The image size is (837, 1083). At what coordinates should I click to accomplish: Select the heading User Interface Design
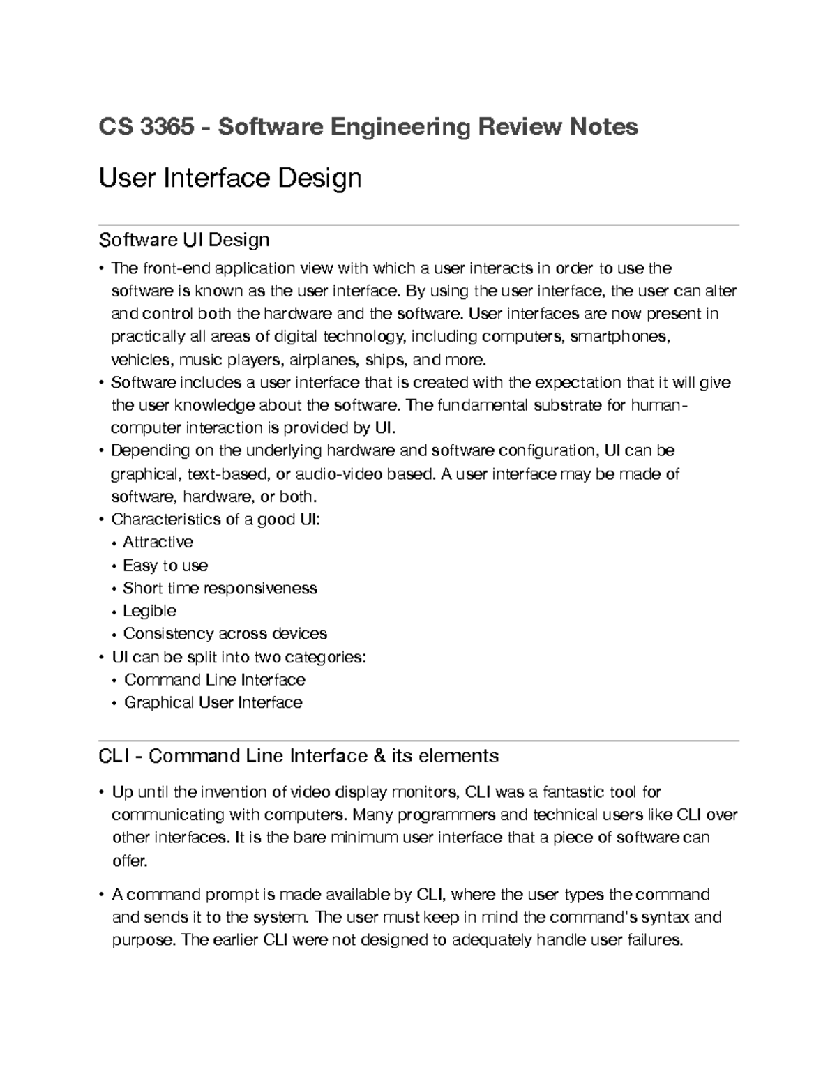point(230,179)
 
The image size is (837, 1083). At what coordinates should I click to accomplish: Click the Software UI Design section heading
point(184,240)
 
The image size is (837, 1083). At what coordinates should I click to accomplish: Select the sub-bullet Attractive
point(158,542)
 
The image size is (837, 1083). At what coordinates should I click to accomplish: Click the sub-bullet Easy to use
point(165,565)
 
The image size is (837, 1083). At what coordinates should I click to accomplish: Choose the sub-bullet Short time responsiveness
point(220,588)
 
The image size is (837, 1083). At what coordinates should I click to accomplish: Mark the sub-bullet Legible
point(149,611)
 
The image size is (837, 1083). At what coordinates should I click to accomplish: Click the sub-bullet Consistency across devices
point(225,634)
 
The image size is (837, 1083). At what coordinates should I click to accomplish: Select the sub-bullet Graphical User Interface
point(213,702)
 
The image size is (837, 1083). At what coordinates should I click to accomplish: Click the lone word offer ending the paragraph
point(129,861)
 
